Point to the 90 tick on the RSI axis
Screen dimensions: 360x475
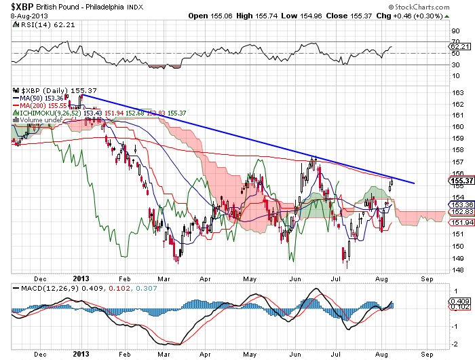click(x=455, y=31)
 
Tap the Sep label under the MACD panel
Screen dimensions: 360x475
click(x=426, y=355)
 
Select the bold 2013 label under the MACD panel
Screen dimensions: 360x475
click(x=81, y=355)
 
